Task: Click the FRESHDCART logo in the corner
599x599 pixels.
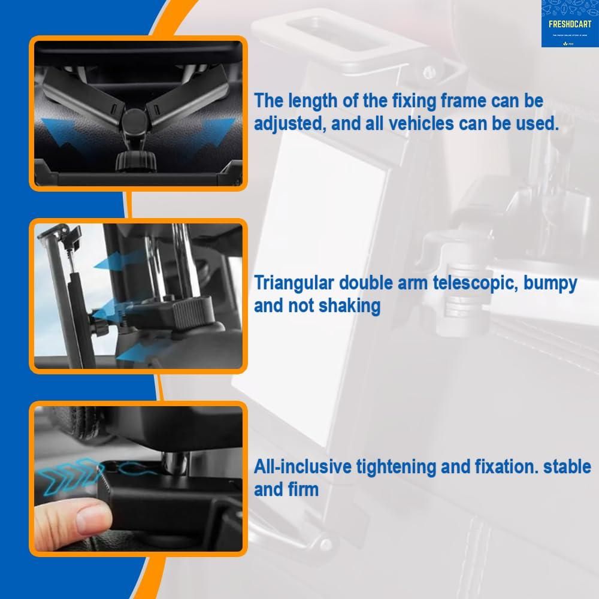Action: [x=569, y=23]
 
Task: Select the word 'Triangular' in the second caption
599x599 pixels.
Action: [x=295, y=283]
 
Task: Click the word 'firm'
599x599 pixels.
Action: [x=302, y=489]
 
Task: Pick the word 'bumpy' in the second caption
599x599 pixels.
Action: [x=550, y=283]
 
